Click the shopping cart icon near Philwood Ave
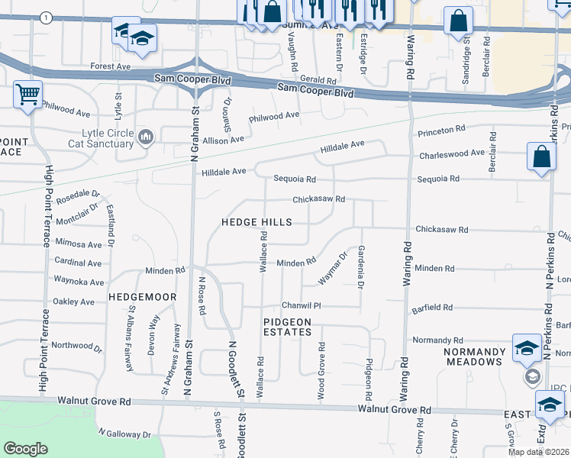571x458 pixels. click(27, 95)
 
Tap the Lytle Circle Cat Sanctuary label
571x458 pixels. click(101, 138)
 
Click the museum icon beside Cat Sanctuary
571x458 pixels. click(146, 137)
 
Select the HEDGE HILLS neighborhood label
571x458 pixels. click(256, 222)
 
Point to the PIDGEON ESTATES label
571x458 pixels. click(287, 327)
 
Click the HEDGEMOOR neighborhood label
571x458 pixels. click(142, 296)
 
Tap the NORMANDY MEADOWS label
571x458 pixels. click(475, 357)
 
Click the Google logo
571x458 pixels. click(25, 448)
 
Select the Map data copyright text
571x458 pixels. click(539, 452)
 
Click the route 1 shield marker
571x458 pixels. click(47, 18)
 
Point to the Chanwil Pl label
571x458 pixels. click(298, 306)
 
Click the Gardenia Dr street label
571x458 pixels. click(360, 268)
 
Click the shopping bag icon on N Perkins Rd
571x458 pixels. click(540, 158)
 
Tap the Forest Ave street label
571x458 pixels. click(111, 67)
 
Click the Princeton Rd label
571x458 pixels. click(440, 132)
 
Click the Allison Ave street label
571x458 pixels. click(223, 140)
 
